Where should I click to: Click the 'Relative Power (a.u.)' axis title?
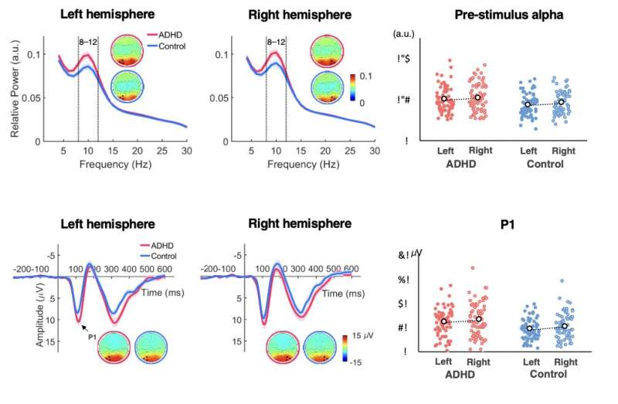point(15,91)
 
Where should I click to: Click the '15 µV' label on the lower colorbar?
point(365,335)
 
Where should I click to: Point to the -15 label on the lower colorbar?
point(359,362)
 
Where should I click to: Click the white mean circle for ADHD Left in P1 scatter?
point(443,321)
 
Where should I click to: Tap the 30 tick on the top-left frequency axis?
point(185,150)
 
